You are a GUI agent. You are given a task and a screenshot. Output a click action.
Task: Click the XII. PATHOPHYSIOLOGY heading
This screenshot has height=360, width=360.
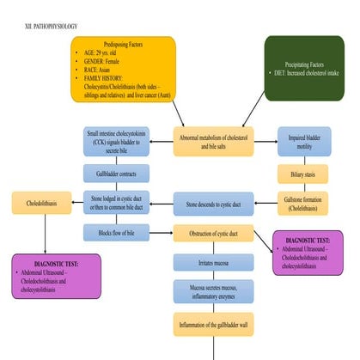[x=52, y=27]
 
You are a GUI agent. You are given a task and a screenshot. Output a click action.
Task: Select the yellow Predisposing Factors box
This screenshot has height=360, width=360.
[x=124, y=68]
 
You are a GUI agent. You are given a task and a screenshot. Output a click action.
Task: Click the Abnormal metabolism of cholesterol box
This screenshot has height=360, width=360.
[x=213, y=141]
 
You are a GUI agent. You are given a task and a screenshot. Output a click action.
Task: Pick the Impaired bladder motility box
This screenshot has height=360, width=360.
[x=302, y=141]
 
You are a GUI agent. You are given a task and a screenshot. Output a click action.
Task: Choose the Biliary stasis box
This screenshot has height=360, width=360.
[x=302, y=174]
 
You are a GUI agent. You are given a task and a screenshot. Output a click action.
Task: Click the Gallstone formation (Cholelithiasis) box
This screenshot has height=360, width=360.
[x=302, y=204]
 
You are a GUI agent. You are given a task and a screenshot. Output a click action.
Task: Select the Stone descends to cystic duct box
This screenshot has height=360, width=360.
[x=213, y=204]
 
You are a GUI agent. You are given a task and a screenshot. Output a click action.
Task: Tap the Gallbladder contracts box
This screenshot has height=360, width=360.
[x=116, y=174]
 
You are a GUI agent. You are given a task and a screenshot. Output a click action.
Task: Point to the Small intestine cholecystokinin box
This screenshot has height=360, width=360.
[x=116, y=141]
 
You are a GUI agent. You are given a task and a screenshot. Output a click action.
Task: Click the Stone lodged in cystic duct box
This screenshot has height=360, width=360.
[x=116, y=204]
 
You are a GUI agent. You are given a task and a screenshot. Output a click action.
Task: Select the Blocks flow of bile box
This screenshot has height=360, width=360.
[x=116, y=232]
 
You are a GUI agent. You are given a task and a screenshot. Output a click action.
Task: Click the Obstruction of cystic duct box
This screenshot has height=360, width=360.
[x=213, y=232]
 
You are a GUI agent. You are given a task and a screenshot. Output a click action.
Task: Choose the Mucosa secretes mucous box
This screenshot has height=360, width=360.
[x=213, y=291]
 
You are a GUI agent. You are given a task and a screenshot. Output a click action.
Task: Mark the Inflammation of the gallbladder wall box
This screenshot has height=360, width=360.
[x=213, y=325]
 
